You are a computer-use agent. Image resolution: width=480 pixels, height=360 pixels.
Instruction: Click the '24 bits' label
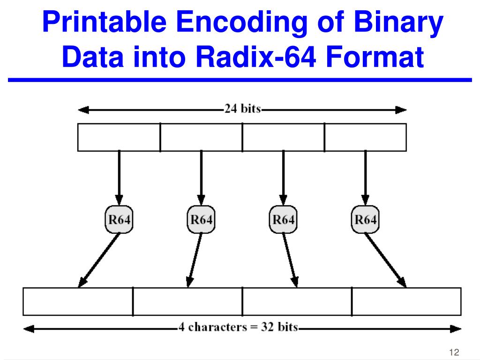tap(242, 110)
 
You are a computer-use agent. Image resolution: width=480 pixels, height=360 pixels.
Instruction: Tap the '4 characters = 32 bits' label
tap(238, 327)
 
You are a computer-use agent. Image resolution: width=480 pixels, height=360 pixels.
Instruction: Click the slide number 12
tap(453, 352)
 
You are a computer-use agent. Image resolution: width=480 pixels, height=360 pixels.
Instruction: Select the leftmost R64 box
tap(119, 219)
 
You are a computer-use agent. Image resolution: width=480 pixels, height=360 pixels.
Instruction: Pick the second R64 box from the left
tap(201, 219)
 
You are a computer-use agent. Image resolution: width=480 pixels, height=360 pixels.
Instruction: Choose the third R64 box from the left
tap(283, 219)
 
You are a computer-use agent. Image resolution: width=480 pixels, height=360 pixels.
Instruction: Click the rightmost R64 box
tap(365, 219)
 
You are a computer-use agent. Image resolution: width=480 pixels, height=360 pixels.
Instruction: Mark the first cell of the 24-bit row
tap(119, 137)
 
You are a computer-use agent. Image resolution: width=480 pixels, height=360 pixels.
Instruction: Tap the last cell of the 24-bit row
tap(365, 137)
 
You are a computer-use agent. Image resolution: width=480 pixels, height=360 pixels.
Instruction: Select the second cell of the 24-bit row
tap(201, 137)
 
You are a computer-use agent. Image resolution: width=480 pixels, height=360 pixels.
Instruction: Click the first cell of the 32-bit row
tap(78, 301)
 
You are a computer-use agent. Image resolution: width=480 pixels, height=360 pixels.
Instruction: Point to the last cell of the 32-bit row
tap(406, 301)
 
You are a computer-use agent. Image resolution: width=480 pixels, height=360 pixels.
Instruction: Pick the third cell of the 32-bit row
tap(297, 301)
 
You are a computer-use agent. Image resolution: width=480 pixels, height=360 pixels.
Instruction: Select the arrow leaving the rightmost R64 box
tap(385, 260)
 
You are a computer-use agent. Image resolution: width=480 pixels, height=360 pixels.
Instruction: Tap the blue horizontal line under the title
tap(240, 81)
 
